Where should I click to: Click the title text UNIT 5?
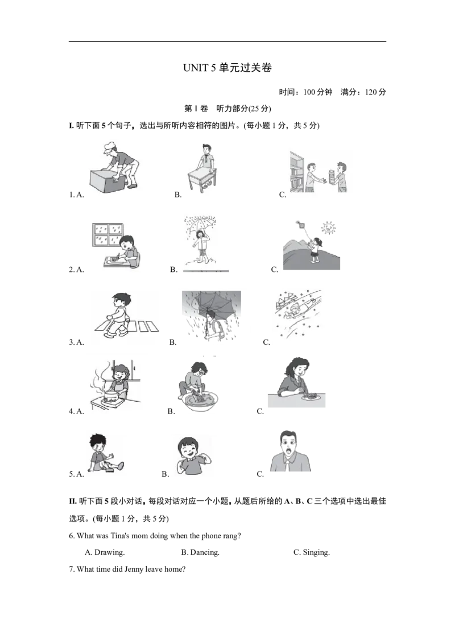click(199, 68)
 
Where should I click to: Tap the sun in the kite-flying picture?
click(328, 227)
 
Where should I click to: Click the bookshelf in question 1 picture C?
click(297, 172)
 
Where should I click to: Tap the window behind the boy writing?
click(107, 234)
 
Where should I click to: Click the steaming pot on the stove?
click(111, 395)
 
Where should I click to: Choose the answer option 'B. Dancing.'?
click(200, 552)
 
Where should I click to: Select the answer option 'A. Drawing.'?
click(105, 552)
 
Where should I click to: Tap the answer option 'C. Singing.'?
click(311, 552)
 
